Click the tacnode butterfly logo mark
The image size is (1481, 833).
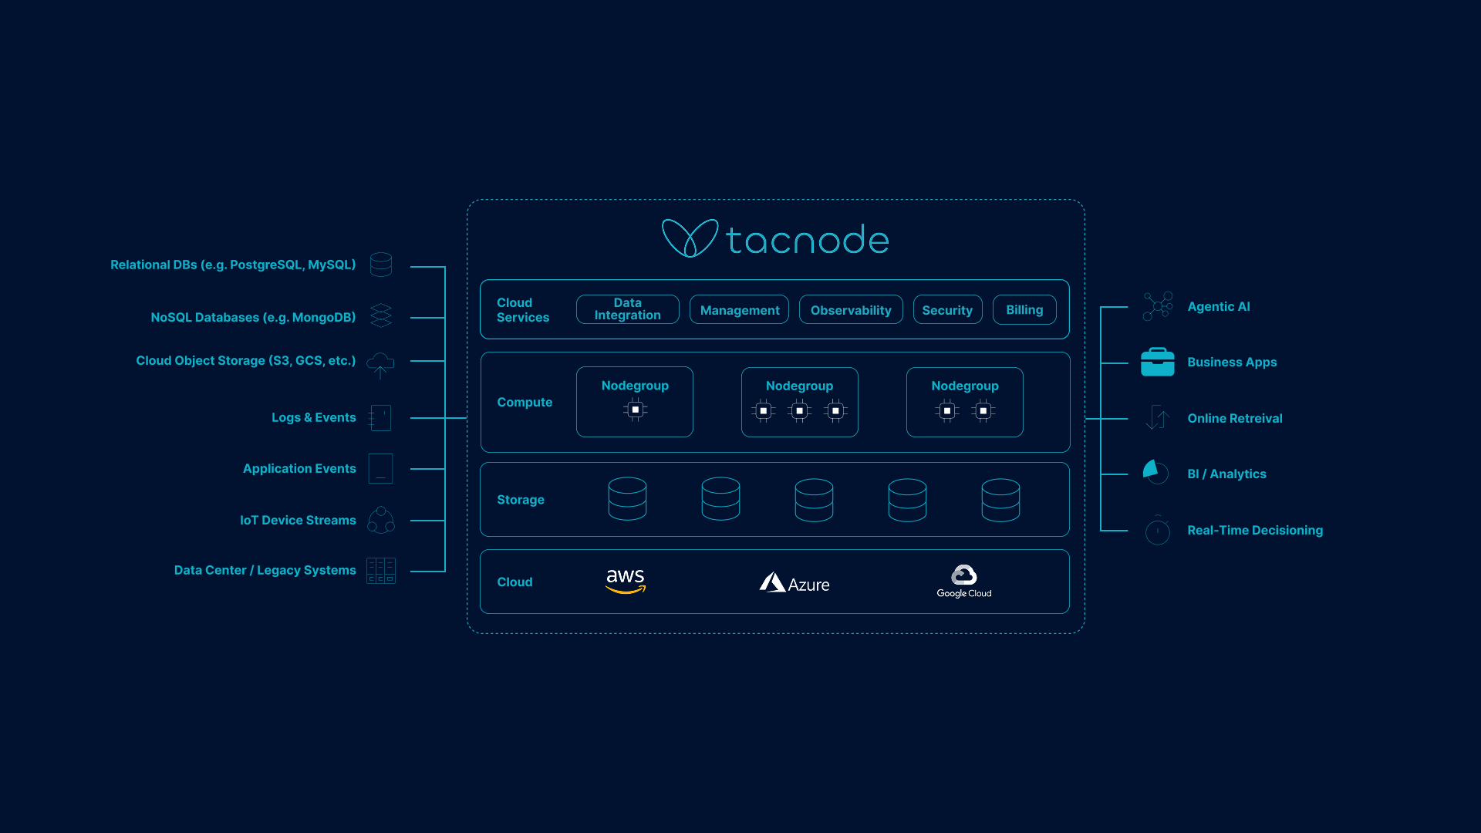(x=690, y=238)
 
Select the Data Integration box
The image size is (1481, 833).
(x=627, y=309)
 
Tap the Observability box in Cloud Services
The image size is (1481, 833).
(x=851, y=309)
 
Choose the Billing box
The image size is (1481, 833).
(x=1024, y=309)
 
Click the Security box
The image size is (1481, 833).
(x=947, y=309)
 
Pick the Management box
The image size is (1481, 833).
(x=739, y=309)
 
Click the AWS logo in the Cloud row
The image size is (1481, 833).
(x=626, y=581)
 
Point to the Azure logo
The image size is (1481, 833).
(x=794, y=583)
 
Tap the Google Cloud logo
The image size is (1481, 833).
(x=964, y=582)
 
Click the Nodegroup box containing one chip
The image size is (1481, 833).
(x=635, y=402)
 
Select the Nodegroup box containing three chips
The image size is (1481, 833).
(x=799, y=402)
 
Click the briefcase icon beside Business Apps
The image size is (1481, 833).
(x=1157, y=362)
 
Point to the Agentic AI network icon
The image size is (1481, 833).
(x=1157, y=306)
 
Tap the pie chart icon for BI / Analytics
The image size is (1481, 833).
(x=1155, y=472)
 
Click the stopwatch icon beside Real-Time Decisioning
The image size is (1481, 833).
(x=1157, y=531)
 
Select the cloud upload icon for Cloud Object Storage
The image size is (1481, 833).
(x=380, y=363)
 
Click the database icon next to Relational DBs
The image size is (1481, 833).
(x=381, y=265)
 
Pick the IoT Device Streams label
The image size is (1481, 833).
(x=298, y=520)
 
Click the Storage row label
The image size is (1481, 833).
(x=521, y=500)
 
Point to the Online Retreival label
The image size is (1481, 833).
(x=1234, y=418)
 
